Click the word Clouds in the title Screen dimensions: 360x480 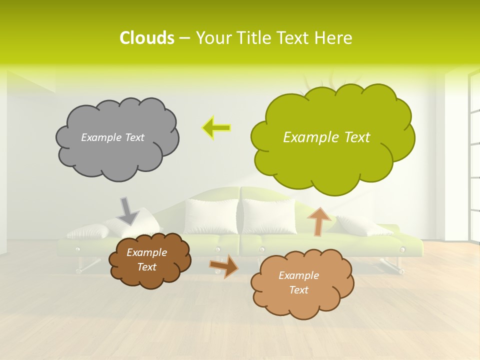coord(146,38)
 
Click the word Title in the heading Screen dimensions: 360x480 coord(253,38)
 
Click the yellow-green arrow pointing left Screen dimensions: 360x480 coord(216,128)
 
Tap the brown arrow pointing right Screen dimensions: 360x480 coord(224,265)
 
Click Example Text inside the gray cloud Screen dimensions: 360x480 coord(112,137)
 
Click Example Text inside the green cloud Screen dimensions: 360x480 coord(326,137)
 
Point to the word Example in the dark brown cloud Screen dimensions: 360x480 coord(146,252)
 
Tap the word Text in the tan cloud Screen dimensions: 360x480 coord(298,290)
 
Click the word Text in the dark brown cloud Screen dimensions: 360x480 coord(146,267)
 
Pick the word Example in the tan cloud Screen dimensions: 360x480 coord(298,275)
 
